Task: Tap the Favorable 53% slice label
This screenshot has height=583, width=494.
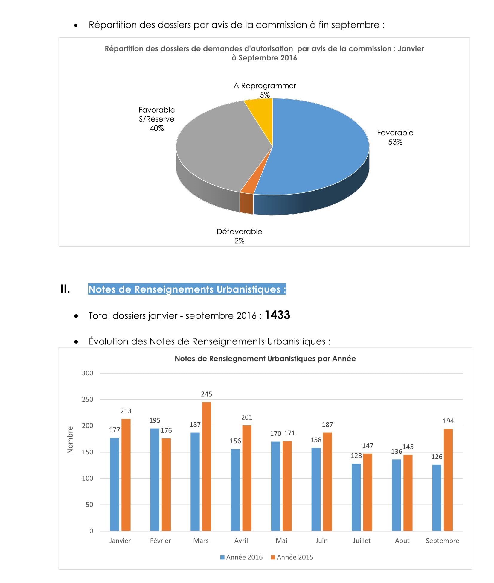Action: (395, 137)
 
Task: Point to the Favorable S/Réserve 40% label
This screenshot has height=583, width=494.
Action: (156, 119)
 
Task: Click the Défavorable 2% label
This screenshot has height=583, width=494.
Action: (239, 236)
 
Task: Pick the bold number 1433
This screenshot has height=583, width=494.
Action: (277, 315)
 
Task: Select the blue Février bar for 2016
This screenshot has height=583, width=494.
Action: (155, 479)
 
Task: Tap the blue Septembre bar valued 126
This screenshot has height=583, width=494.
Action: (437, 497)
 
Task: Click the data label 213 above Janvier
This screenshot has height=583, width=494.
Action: (126, 411)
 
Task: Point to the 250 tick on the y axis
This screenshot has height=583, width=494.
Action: (87, 399)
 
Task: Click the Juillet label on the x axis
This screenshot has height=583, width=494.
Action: (362, 541)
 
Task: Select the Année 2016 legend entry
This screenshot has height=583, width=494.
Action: (241, 557)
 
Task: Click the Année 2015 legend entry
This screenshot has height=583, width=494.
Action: (292, 557)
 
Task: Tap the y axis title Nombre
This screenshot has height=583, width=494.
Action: (70, 440)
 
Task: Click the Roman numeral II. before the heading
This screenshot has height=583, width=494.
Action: (65, 289)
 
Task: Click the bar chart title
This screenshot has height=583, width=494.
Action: (265, 359)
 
